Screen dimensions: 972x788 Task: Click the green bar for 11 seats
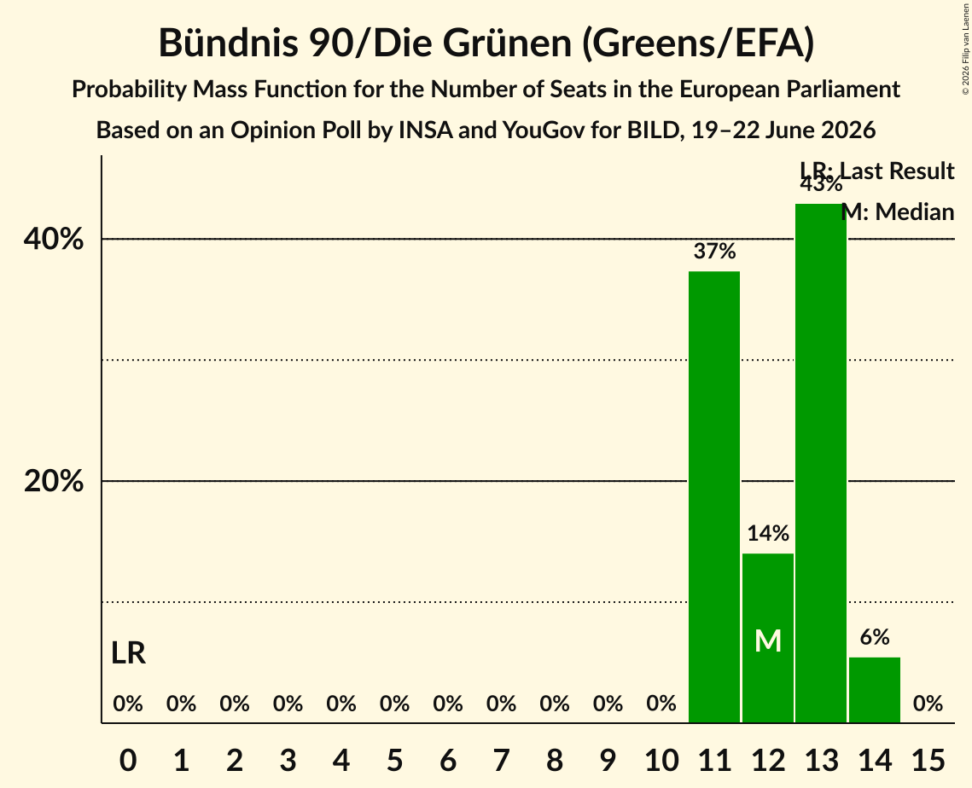pyautogui.click(x=714, y=497)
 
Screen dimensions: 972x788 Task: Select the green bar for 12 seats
pyautogui.click(x=767, y=638)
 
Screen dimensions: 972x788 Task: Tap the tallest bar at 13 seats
pyautogui.click(x=821, y=463)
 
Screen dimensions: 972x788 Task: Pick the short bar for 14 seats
pyautogui.click(x=874, y=690)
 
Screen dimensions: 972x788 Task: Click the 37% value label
pyautogui.click(x=714, y=251)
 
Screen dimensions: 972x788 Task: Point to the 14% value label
pyautogui.click(x=767, y=533)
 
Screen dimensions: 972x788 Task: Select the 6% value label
pyautogui.click(x=874, y=637)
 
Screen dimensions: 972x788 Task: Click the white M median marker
pyautogui.click(x=768, y=640)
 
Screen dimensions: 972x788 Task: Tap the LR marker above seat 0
pyautogui.click(x=128, y=653)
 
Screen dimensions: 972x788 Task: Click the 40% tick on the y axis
pyautogui.click(x=53, y=239)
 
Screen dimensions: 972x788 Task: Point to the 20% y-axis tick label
pyautogui.click(x=53, y=481)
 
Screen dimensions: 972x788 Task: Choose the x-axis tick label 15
pyautogui.click(x=928, y=760)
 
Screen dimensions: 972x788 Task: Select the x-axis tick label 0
pyautogui.click(x=128, y=760)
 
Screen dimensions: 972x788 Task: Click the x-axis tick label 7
pyautogui.click(x=501, y=760)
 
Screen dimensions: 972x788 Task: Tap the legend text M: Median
pyautogui.click(x=898, y=211)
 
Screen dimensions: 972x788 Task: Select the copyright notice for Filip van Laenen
pyautogui.click(x=965, y=49)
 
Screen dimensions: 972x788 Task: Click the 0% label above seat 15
pyautogui.click(x=928, y=704)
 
